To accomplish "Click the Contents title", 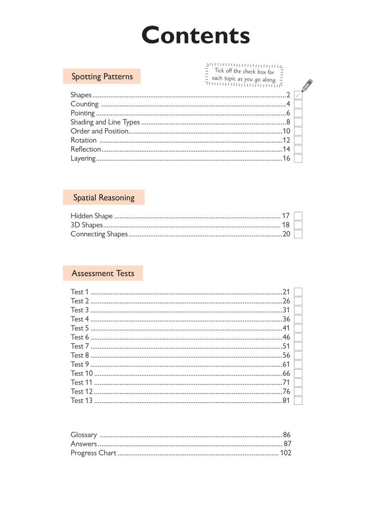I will [x=195, y=35].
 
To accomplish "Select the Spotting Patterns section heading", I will [x=102, y=77].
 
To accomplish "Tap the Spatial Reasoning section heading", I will [x=104, y=198].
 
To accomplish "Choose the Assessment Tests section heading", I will [x=103, y=273].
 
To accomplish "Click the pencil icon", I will [x=307, y=85].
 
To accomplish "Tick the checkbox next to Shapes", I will [x=298, y=95].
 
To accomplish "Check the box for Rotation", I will [x=298, y=140].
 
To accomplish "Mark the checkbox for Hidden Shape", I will [x=298, y=216].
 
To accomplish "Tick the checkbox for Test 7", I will [x=298, y=346].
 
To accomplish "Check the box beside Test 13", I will [x=298, y=401].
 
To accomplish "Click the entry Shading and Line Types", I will [x=105, y=122].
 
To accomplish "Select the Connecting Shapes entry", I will [x=99, y=234].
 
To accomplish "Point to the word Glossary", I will [x=84, y=435].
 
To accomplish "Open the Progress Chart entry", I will [x=93, y=453].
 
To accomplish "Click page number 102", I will [x=286, y=453].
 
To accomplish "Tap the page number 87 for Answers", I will [x=287, y=444].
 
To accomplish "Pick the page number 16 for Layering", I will [x=286, y=158].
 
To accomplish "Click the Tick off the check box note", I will [x=244, y=75].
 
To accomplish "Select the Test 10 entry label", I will [x=82, y=373].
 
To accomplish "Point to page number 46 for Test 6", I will [x=286, y=337].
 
